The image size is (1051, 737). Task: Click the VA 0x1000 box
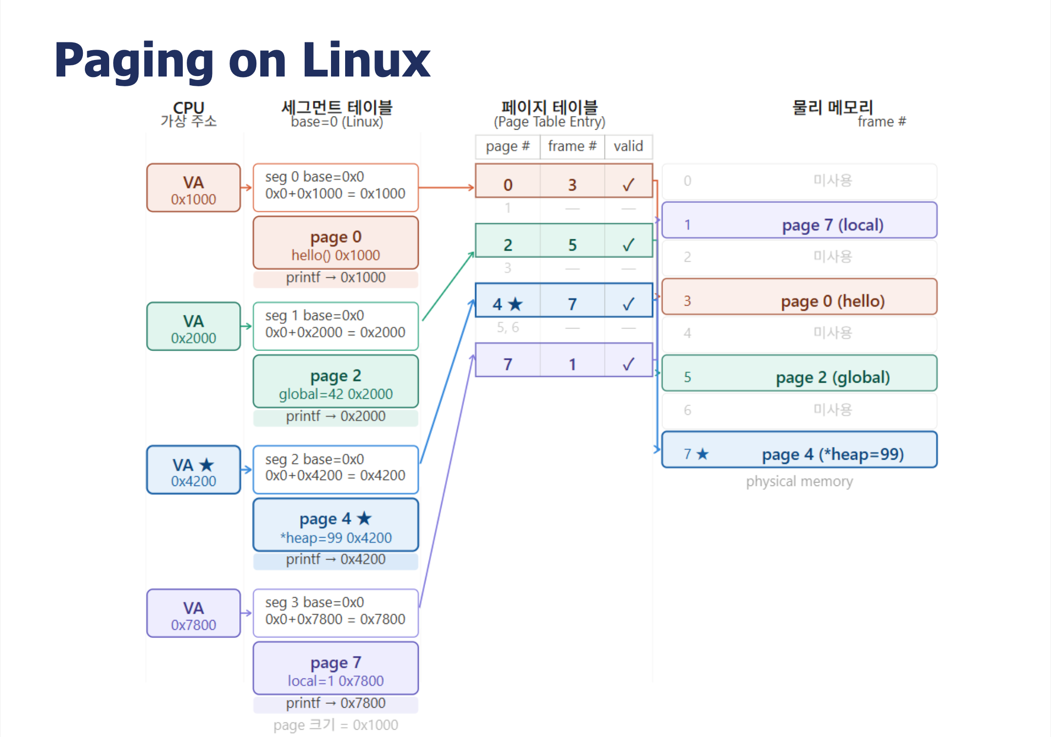194,188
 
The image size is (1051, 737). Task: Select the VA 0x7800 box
194,613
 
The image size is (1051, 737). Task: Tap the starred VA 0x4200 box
194,470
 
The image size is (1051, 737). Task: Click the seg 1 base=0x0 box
336,326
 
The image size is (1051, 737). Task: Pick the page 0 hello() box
336,243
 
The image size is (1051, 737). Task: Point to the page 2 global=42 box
336,381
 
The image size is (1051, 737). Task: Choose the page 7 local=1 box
336,668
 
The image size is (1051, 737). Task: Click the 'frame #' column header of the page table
572,146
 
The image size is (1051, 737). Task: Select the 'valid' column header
628,146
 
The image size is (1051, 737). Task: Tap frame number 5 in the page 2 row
572,245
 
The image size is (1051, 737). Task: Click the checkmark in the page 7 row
628,364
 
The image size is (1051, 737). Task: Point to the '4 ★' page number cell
507,304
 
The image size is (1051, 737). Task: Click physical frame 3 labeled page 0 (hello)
799,297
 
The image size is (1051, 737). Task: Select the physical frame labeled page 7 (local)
799,220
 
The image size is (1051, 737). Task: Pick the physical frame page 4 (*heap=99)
799,449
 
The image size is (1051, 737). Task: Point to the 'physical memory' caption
799,482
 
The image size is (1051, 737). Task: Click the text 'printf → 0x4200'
336,560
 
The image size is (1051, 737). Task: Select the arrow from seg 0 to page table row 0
447,188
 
